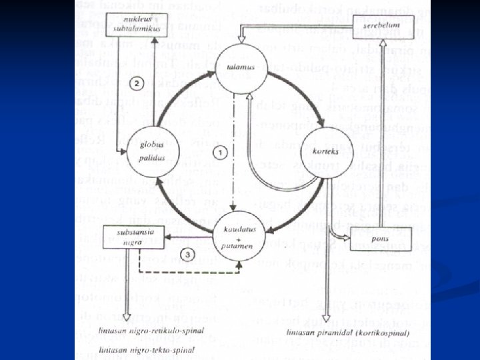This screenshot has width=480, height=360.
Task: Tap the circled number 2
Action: click(136, 83)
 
